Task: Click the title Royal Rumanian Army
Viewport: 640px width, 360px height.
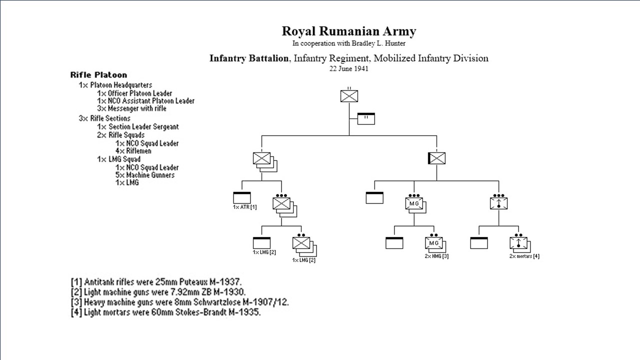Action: [x=348, y=31]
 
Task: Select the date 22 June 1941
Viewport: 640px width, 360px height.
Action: [x=348, y=69]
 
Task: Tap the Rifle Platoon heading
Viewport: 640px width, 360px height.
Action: [x=98, y=75]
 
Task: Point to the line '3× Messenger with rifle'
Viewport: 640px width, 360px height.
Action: [x=131, y=108]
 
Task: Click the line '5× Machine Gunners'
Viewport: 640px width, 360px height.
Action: [x=145, y=175]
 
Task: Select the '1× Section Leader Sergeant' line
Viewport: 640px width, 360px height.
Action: [x=137, y=127]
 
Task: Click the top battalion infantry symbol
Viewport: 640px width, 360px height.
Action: [x=349, y=96]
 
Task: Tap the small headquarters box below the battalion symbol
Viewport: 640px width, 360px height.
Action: [x=366, y=118]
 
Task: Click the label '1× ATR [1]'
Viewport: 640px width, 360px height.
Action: [x=244, y=207]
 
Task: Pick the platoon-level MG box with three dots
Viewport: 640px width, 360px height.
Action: [x=414, y=203]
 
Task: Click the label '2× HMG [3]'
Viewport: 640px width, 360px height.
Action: [x=437, y=256]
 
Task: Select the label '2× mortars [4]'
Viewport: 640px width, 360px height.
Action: [x=524, y=256]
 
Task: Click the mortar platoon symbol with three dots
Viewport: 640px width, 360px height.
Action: [x=498, y=203]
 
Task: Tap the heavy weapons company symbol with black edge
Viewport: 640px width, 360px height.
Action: [x=436, y=159]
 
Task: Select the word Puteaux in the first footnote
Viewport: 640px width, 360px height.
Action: [x=184, y=281]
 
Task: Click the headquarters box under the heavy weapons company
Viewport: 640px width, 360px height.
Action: [x=374, y=197]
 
